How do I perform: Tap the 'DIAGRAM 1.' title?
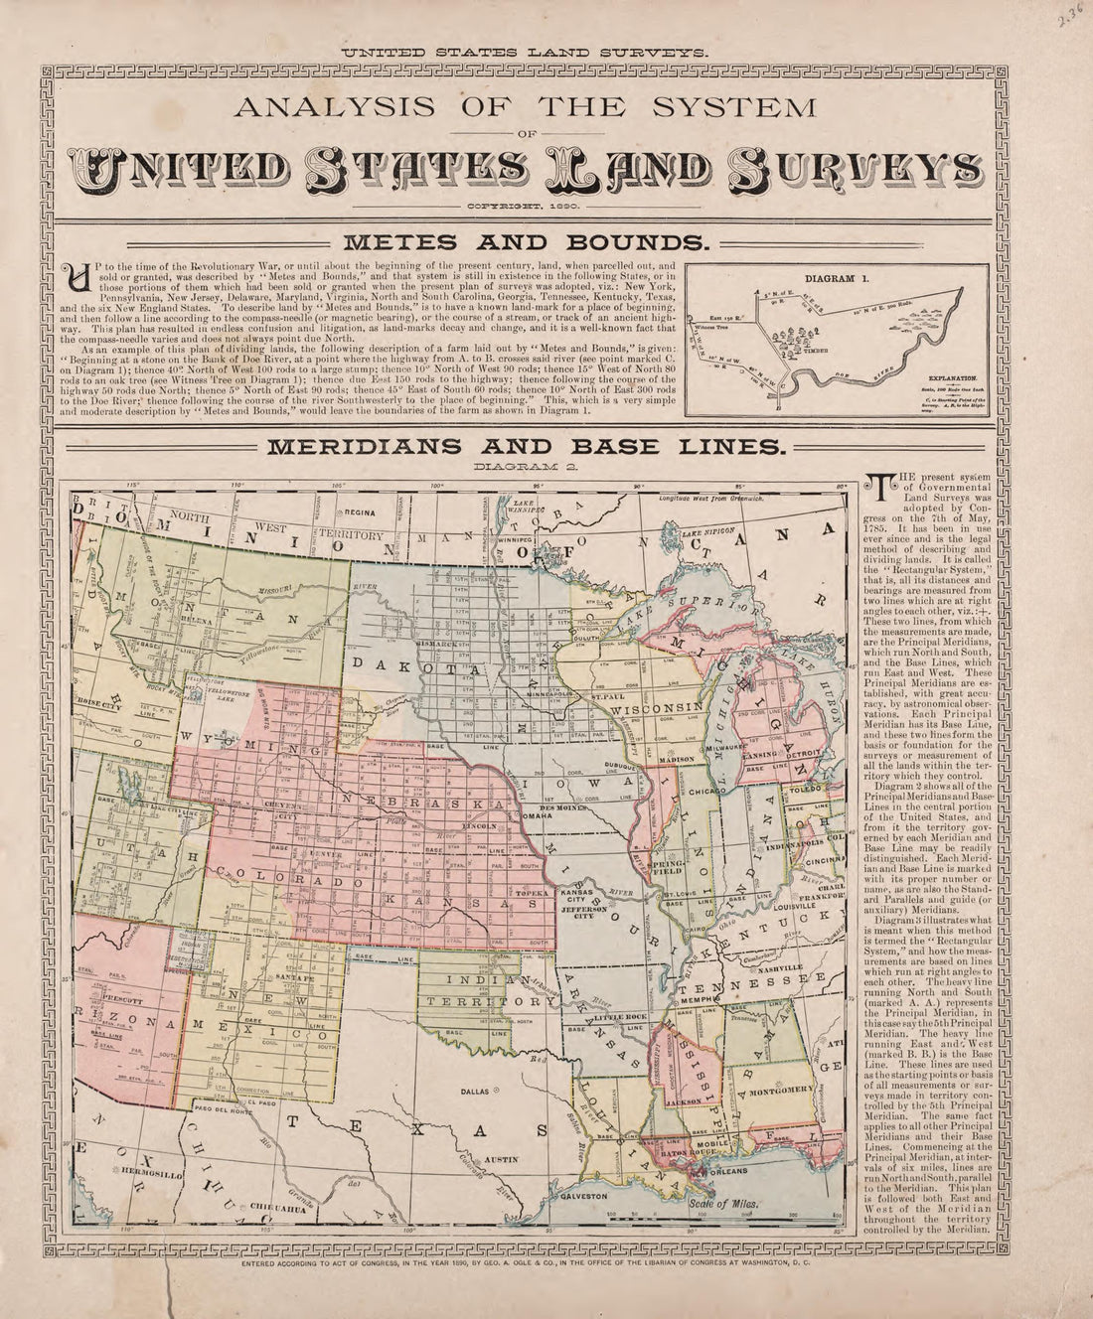coord(838,280)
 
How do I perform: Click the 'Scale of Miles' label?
coord(725,1202)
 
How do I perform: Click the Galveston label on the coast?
coord(587,1197)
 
